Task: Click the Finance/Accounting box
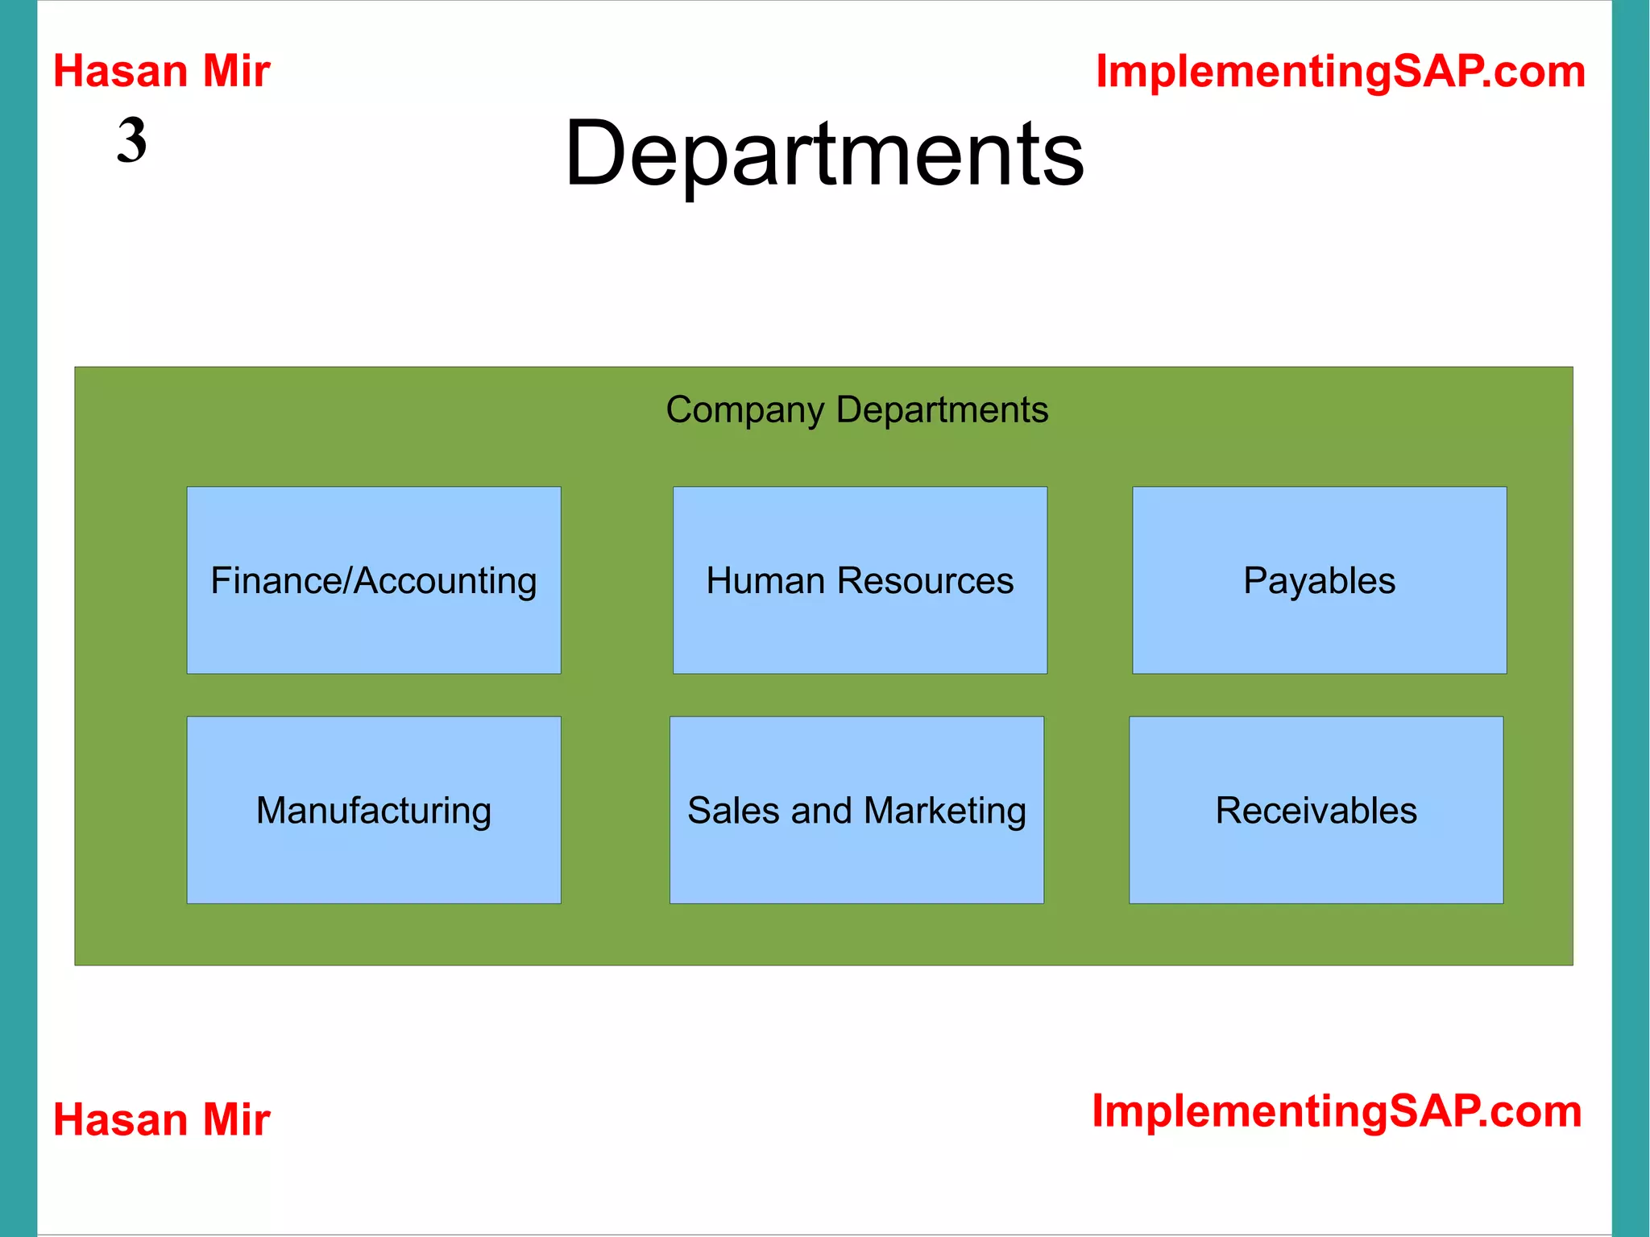point(373,580)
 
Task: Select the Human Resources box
point(860,580)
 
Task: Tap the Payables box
point(1319,580)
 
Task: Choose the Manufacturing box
point(373,810)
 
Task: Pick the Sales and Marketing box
point(856,810)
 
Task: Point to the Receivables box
point(1316,810)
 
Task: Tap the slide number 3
point(132,140)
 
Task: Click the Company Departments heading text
point(856,409)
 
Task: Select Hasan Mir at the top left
point(161,71)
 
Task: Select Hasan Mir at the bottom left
point(161,1119)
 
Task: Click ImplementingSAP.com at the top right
point(1341,71)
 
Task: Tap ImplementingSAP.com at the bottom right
point(1337,1111)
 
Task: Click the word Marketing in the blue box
point(945,811)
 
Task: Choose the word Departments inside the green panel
point(942,409)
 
